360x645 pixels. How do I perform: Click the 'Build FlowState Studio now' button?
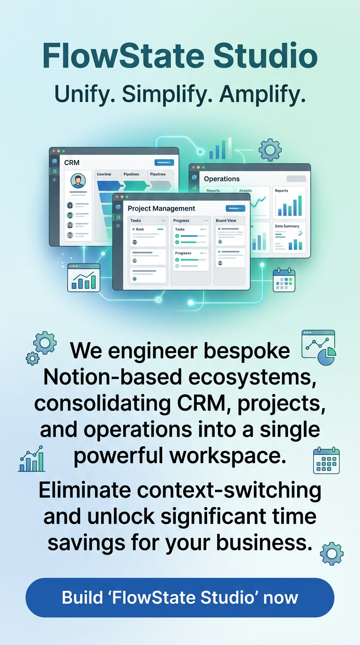point(180,598)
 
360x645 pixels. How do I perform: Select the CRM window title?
point(72,163)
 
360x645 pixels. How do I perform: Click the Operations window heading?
point(222,179)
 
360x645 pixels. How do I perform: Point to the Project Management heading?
point(161,209)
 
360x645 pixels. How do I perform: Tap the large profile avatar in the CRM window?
point(78,180)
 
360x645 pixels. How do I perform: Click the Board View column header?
point(226,220)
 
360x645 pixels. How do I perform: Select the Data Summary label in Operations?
point(287,226)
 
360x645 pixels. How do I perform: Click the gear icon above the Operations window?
point(270,150)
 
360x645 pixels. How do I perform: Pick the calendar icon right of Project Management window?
point(284,280)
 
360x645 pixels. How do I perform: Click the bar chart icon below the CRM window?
point(84,277)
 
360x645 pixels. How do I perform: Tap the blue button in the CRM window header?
point(164,163)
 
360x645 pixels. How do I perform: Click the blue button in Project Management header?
point(235,209)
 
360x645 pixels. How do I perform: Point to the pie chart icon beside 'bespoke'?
point(319,347)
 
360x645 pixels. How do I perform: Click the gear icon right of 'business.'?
point(331,554)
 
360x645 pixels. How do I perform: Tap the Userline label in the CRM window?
point(104,174)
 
